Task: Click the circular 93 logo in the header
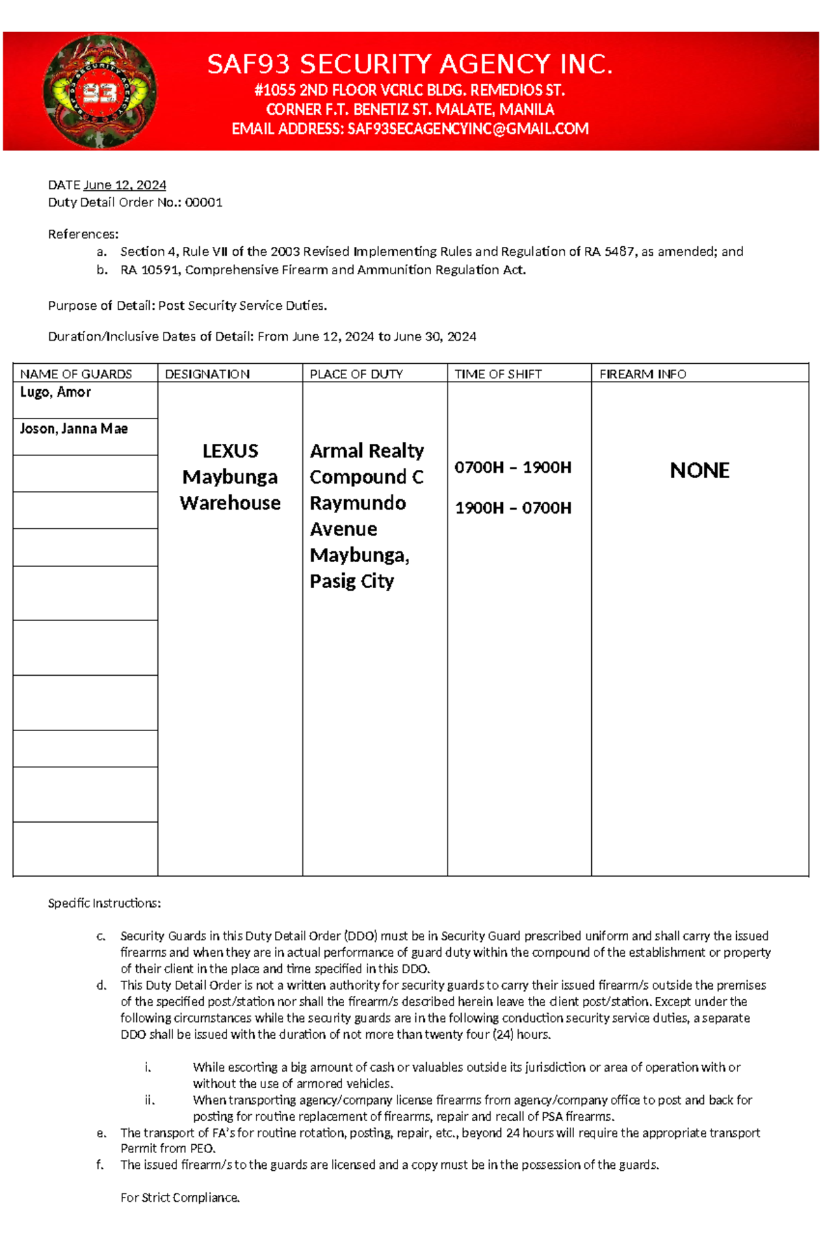coord(100,91)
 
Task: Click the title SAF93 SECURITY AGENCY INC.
coord(410,64)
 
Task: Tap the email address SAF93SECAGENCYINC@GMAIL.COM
coord(468,129)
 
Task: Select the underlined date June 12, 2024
coord(125,185)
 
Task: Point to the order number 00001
coord(204,202)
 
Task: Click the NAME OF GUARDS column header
coord(76,374)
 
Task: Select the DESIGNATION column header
coord(207,374)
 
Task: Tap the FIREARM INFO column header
coord(642,374)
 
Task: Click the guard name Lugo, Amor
coord(55,393)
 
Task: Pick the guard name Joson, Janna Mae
coord(74,429)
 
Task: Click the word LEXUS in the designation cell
coord(230,451)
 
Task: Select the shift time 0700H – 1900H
coord(513,468)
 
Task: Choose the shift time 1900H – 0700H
coord(513,508)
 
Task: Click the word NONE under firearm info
coord(699,471)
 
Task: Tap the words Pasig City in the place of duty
coord(352,581)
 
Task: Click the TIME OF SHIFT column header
coord(498,374)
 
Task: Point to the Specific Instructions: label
coord(104,903)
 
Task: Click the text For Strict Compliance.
coord(180,1198)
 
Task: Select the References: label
coord(83,235)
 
